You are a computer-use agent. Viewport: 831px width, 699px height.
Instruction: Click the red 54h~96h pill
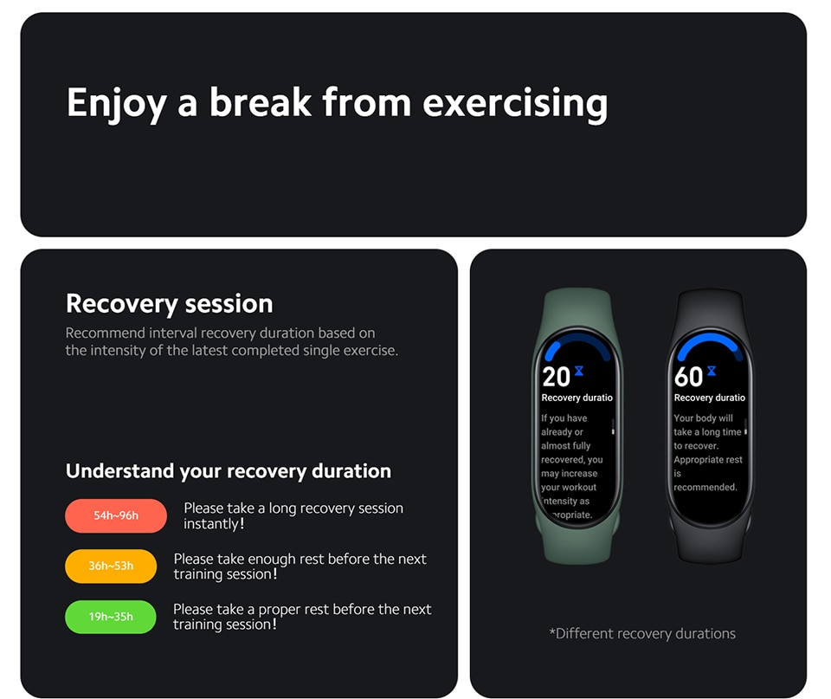click(115, 515)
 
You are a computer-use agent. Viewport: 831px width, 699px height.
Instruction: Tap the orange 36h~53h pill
click(111, 566)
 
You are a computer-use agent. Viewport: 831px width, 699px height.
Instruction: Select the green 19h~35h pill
click(110, 616)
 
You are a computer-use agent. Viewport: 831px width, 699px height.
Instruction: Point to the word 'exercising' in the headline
click(515, 103)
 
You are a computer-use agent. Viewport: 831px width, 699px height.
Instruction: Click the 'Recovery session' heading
click(169, 304)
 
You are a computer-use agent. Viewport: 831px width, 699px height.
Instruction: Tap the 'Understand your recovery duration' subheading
click(229, 471)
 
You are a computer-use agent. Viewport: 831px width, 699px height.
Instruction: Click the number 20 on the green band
click(556, 377)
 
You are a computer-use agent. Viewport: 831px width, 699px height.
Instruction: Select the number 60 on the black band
click(688, 377)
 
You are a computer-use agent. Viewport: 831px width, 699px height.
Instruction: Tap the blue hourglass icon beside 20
click(579, 371)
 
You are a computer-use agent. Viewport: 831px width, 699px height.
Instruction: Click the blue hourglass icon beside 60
click(712, 371)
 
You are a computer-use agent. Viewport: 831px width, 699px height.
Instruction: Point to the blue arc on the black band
click(709, 339)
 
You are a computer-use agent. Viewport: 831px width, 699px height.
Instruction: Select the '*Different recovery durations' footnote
click(642, 633)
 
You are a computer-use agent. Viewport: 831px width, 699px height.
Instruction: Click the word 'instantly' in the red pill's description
click(211, 524)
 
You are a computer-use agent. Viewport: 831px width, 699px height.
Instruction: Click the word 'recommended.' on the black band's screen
click(705, 487)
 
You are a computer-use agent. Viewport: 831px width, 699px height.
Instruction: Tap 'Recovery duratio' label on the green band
click(577, 398)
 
